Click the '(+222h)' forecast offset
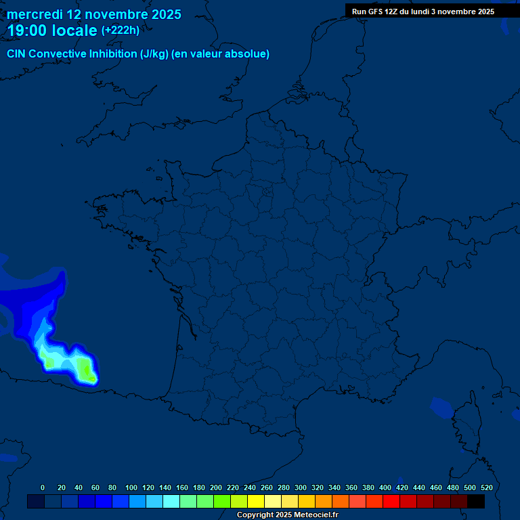(121, 30)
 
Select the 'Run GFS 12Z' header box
(423, 12)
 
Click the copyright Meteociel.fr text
(287, 515)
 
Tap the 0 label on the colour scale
(43, 487)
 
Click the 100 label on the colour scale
(131, 487)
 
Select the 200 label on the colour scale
(216, 487)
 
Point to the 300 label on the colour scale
(301, 487)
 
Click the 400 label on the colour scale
(385, 487)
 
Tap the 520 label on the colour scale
(486, 487)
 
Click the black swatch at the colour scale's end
(476, 501)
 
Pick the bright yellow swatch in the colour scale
(256, 501)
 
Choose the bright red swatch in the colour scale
(391, 501)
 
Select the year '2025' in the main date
(162, 14)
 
